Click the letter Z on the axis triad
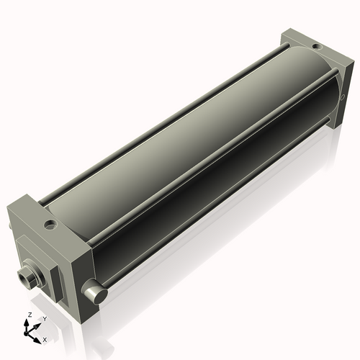(30, 315)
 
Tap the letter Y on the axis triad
(45, 319)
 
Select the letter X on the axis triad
(45, 340)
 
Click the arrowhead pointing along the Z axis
(26, 323)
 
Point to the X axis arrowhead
(37, 340)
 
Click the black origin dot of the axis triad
(26, 333)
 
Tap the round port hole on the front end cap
(50, 225)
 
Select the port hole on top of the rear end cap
(317, 46)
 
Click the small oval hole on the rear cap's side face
(343, 96)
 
